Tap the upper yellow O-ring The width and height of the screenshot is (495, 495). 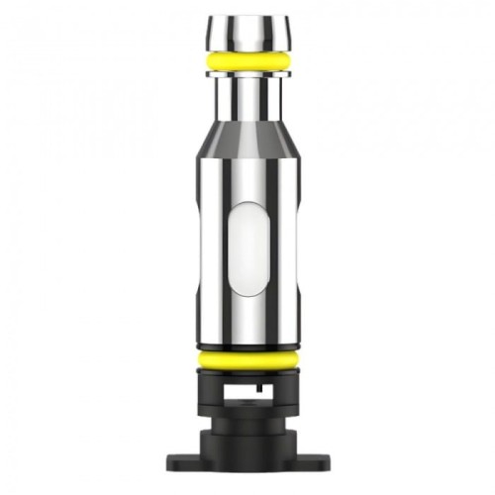tap(248, 61)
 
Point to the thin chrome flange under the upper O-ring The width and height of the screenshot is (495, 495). tap(248, 75)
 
